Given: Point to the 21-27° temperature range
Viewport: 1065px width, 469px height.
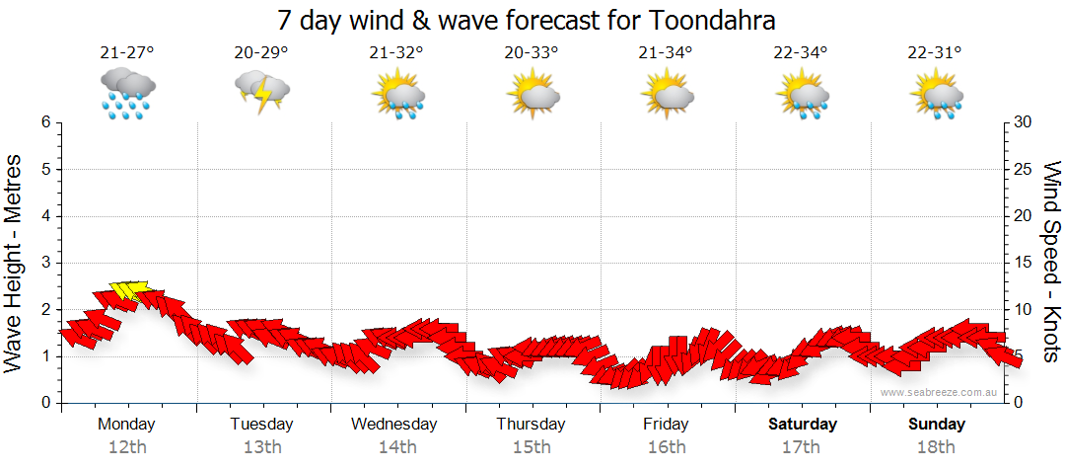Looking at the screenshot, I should [x=127, y=52].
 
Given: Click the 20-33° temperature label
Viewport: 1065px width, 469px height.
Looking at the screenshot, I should [x=532, y=52].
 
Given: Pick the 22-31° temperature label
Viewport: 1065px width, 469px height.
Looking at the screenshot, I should [x=935, y=52].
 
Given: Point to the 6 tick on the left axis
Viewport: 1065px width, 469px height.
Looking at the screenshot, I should [x=45, y=122].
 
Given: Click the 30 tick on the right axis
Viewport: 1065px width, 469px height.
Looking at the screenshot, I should [x=1024, y=122].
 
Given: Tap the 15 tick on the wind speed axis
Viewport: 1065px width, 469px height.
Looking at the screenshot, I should [x=1024, y=263].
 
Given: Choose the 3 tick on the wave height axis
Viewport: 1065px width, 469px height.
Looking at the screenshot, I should [x=45, y=263].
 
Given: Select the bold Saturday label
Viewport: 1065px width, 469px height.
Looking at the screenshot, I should [x=802, y=425].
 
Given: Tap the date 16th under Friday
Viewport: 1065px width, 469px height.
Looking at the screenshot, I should [x=667, y=447].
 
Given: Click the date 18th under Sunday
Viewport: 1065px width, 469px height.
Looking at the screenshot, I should [x=936, y=447].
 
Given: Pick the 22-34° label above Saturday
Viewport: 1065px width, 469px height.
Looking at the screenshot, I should [x=800, y=52].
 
